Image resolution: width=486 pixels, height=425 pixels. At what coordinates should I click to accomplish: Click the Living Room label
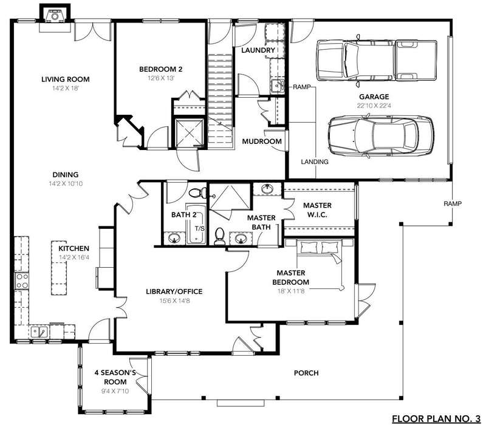(x=66, y=80)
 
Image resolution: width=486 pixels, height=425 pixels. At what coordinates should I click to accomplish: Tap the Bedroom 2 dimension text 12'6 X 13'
(x=161, y=78)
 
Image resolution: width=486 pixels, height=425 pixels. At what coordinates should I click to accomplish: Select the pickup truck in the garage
(x=376, y=60)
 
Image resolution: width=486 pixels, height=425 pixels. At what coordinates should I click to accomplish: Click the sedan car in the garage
(x=381, y=136)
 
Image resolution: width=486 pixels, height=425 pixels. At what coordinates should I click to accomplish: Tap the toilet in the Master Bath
(x=219, y=236)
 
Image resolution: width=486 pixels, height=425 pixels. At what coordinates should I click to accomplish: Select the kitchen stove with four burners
(x=22, y=280)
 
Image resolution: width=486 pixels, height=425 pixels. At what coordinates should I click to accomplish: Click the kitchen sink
(x=39, y=332)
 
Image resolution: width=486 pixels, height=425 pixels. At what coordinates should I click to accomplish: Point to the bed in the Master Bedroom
(x=320, y=264)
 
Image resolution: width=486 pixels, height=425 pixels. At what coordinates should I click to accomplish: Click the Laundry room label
(x=258, y=50)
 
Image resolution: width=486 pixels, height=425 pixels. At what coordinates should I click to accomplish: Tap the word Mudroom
(x=262, y=141)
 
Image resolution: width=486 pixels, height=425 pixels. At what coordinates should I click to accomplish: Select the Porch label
(x=306, y=373)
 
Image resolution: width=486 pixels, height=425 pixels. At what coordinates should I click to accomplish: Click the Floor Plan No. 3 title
(x=436, y=419)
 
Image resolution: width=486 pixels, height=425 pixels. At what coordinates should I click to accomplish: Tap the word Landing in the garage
(x=315, y=161)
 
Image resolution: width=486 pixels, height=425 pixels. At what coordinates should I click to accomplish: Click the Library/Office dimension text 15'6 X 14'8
(x=175, y=301)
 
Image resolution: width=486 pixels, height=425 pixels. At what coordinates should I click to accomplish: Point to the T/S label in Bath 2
(x=200, y=229)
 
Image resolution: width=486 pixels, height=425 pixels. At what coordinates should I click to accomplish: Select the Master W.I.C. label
(x=317, y=209)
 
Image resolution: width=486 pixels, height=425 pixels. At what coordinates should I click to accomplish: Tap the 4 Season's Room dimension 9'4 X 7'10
(x=115, y=391)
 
